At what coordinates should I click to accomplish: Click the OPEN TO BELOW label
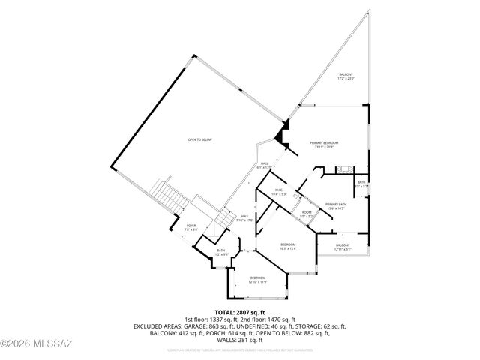point(199,139)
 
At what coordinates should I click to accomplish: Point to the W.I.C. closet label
point(278,190)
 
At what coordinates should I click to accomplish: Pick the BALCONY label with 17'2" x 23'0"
point(346,76)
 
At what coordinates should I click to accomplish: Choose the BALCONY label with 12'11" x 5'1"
point(343,247)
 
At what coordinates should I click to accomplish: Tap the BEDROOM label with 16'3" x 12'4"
point(289,246)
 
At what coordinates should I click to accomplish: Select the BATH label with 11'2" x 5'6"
point(220,252)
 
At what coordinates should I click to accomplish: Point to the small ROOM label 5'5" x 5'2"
point(307,214)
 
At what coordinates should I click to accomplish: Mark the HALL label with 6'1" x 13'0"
point(265,165)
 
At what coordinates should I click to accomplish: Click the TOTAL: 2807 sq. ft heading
point(240,311)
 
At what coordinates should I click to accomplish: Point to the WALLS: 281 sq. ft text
point(240,340)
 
